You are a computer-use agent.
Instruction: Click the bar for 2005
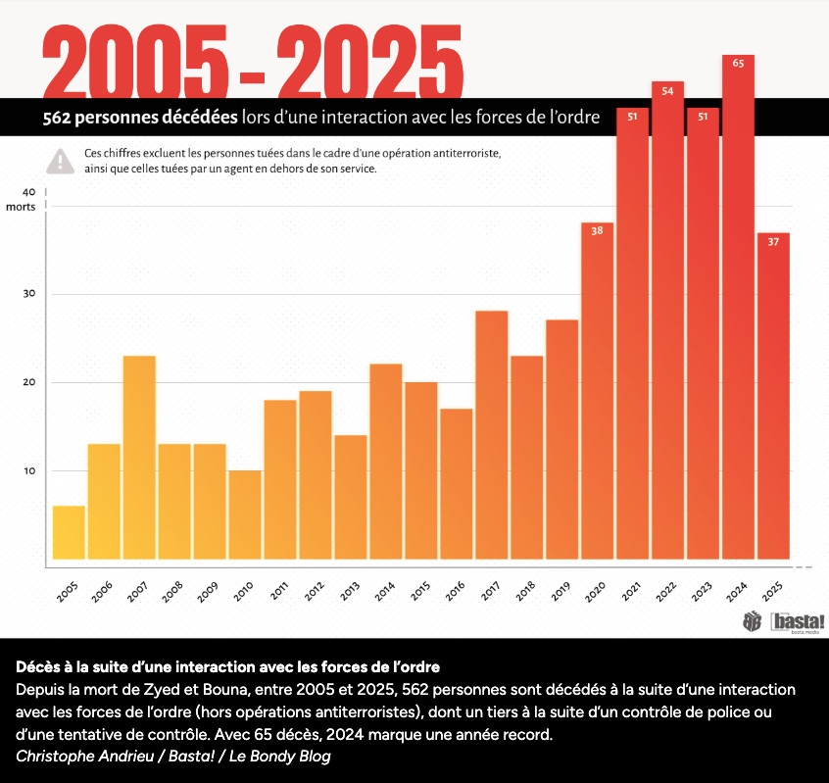[x=69, y=535]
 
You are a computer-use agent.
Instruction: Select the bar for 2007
[x=139, y=461]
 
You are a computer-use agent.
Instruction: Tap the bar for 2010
[x=245, y=517]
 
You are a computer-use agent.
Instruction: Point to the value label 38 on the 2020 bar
[x=597, y=230]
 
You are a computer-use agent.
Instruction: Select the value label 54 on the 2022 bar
[x=667, y=90]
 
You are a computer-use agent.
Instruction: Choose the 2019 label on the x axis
[x=561, y=590]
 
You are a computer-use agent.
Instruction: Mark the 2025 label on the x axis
[x=773, y=590]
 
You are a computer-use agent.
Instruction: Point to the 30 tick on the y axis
[x=28, y=294]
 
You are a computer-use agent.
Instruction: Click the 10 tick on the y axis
[x=28, y=470]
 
